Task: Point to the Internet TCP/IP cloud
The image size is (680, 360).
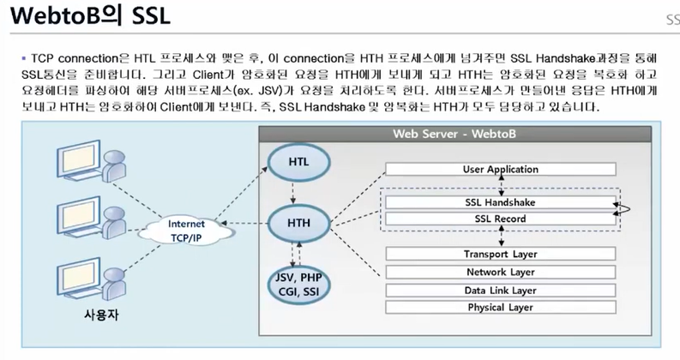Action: point(185,228)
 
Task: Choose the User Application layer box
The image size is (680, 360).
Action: point(500,170)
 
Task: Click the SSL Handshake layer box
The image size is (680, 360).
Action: point(500,203)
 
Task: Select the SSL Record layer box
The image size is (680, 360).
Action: point(500,219)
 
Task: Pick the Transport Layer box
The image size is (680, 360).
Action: point(500,255)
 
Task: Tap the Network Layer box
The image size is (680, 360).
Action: point(500,272)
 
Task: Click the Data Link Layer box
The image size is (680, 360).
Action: point(500,290)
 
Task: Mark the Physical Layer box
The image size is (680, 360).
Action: point(500,307)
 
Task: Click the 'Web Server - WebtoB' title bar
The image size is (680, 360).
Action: point(454,134)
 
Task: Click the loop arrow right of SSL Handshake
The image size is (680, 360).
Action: point(626,207)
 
